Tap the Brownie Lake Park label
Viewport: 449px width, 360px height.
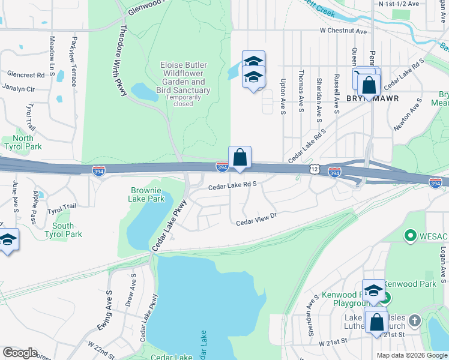click(x=148, y=194)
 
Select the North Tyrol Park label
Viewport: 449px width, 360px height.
click(x=23, y=142)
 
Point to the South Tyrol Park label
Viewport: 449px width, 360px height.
click(x=63, y=230)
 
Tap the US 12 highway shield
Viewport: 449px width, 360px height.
click(x=315, y=170)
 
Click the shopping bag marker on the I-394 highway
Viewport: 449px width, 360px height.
click(x=240, y=158)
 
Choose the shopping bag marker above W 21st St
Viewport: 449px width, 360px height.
click(x=376, y=322)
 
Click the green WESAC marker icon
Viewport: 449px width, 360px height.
click(x=411, y=236)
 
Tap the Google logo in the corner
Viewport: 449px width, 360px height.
click(x=20, y=353)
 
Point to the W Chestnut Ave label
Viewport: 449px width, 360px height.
click(x=342, y=30)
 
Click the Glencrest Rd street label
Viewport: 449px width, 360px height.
click(x=26, y=75)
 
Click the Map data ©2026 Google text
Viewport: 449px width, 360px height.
click(x=412, y=355)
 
